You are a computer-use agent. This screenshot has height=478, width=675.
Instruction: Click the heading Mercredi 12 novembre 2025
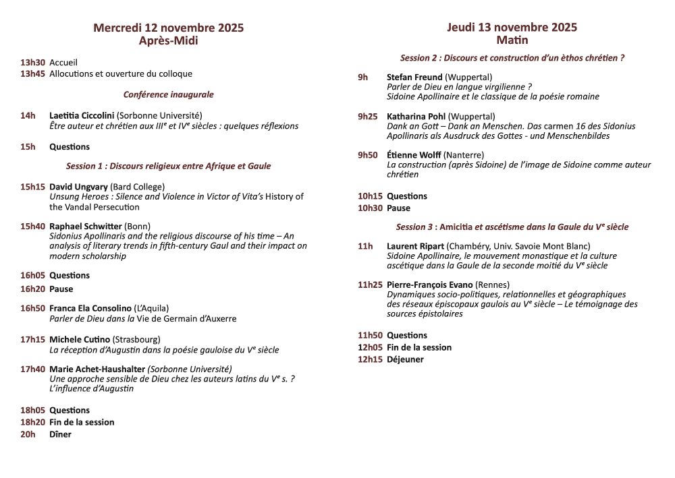[168, 28]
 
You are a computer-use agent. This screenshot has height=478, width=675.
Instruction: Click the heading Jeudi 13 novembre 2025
[512, 27]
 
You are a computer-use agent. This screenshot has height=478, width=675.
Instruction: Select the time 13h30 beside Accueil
[32, 62]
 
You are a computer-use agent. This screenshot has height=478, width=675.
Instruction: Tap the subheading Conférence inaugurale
[168, 94]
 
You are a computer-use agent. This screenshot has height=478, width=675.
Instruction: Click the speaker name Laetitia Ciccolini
[82, 115]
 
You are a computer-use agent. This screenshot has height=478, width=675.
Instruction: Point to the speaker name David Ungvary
[78, 186]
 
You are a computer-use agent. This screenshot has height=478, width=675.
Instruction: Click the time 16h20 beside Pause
[32, 289]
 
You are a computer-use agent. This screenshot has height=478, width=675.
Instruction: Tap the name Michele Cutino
[80, 339]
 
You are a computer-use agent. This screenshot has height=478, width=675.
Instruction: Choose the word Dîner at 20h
[60, 434]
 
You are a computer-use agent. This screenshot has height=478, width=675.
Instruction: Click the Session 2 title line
[512, 58]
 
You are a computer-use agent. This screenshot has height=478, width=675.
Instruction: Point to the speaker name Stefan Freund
[414, 77]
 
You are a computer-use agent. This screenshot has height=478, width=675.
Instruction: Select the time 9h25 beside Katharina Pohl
[368, 116]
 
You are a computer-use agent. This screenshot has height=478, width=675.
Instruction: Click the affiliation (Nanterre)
[464, 155]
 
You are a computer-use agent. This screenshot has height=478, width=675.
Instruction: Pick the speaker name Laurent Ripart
[415, 246]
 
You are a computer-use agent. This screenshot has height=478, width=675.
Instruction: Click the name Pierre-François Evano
[429, 285]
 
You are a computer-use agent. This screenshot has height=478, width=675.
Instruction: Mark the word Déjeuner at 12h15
[405, 359]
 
